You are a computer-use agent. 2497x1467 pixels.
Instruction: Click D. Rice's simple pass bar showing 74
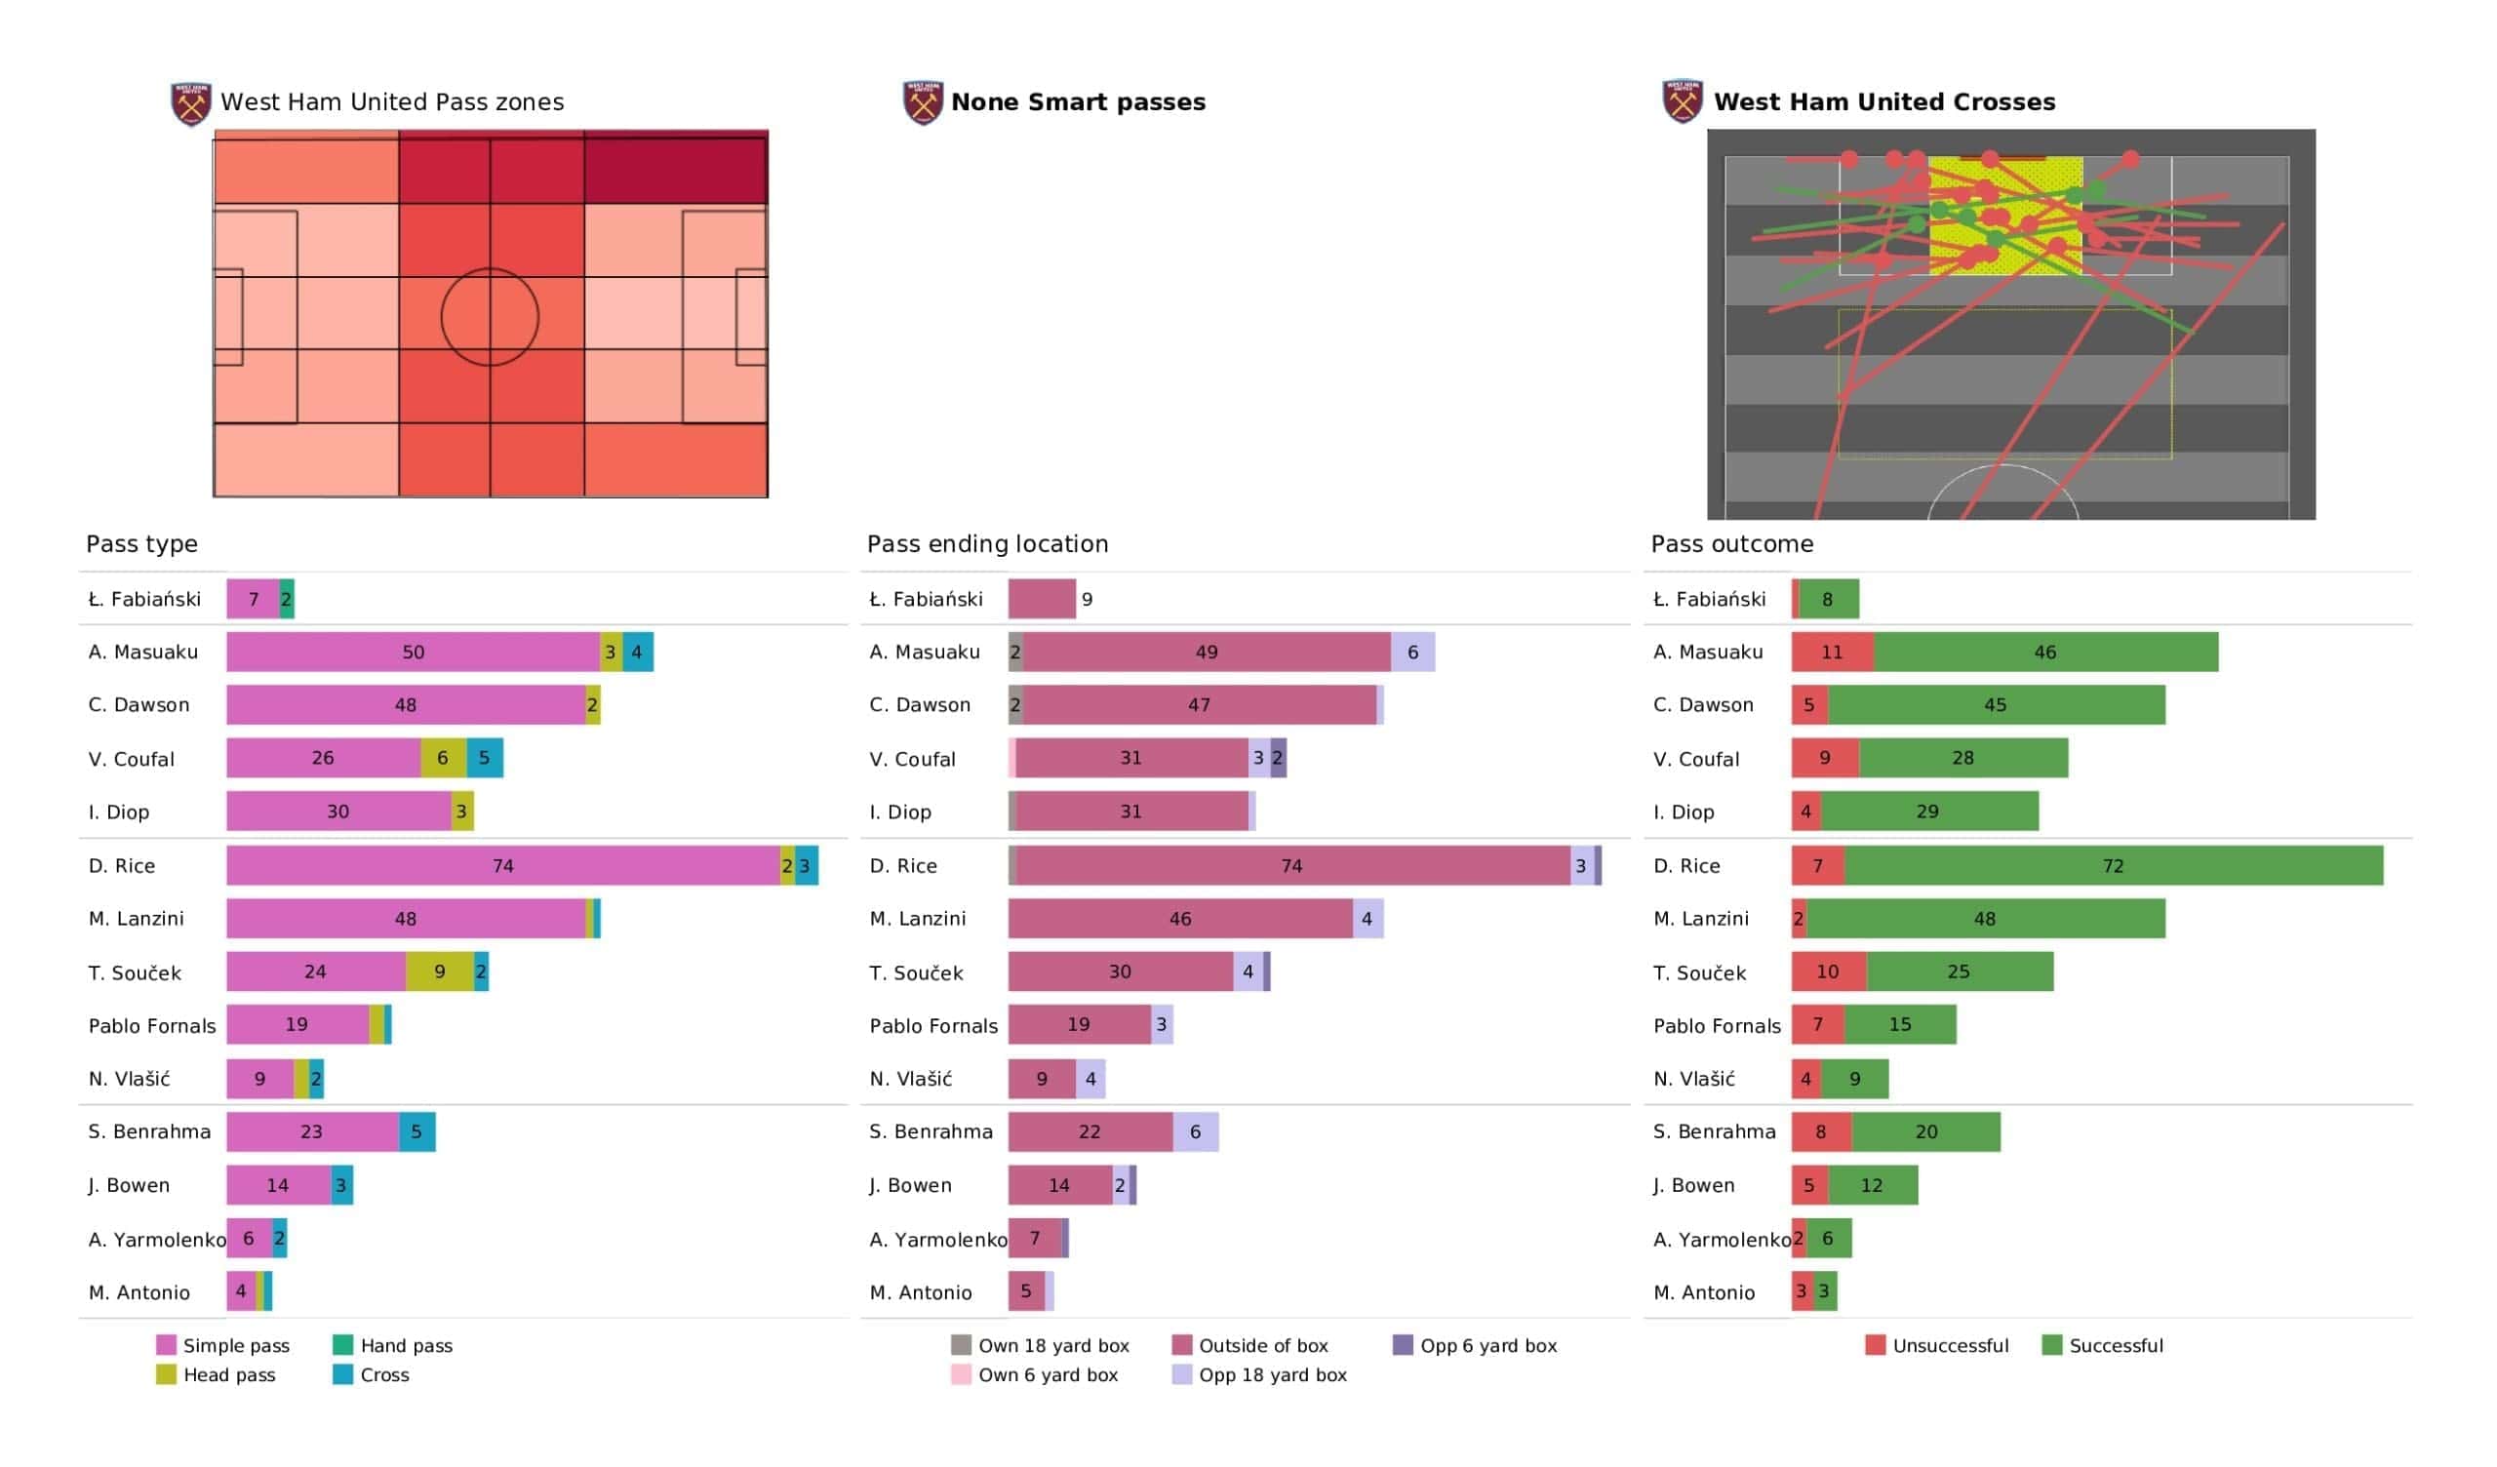tap(502, 865)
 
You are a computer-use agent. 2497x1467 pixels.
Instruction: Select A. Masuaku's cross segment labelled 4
tap(637, 653)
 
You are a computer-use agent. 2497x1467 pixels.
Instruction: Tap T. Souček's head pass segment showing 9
tap(440, 971)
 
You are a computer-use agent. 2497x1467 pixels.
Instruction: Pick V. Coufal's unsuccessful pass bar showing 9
tap(1825, 758)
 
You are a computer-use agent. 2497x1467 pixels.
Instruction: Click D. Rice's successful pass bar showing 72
tap(2114, 865)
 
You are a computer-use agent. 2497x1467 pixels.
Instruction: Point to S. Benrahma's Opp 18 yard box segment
tap(1196, 1132)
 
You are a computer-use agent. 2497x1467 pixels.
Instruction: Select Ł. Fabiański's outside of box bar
tap(1043, 599)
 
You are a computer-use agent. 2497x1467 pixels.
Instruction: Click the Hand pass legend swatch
tap(342, 1345)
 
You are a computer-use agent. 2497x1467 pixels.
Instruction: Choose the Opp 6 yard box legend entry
tap(1475, 1345)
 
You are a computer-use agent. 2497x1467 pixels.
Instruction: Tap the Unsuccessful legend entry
tap(1937, 1345)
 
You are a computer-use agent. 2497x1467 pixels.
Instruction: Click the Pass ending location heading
tap(988, 544)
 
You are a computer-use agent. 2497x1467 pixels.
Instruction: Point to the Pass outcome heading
tap(1732, 544)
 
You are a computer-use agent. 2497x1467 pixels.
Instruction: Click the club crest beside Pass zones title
tap(191, 103)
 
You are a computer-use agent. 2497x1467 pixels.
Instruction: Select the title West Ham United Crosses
tap(1884, 102)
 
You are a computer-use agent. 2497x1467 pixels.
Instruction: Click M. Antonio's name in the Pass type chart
tap(139, 1292)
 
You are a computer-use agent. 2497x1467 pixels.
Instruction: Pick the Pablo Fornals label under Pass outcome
tap(1718, 1026)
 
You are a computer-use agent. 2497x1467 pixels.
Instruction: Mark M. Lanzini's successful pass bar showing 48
tap(1986, 919)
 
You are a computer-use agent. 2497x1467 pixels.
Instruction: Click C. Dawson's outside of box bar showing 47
tap(1200, 705)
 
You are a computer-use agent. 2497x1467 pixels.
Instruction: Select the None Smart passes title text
tap(1078, 102)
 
